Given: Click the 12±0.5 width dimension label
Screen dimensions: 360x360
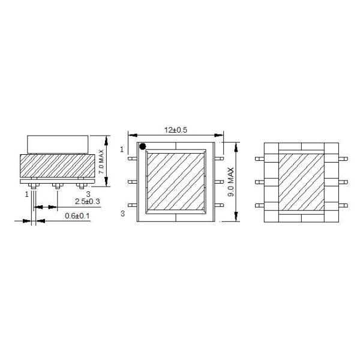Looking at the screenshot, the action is click(176, 130).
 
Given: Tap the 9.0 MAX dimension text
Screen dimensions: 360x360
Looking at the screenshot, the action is click(231, 182).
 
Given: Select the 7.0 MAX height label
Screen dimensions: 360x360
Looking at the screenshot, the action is click(101, 162).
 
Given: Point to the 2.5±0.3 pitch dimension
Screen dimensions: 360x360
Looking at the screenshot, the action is click(88, 202).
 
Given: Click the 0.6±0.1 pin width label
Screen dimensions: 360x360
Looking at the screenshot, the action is click(77, 216).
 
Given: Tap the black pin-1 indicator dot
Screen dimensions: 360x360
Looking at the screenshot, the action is click(143, 146).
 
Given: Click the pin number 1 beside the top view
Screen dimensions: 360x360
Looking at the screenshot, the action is click(122, 149).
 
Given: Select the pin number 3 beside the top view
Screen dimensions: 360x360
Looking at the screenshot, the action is click(122, 214).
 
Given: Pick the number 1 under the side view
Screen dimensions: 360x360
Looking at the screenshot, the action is click(27, 194).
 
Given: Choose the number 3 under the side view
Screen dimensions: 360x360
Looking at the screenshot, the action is click(88, 194).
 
